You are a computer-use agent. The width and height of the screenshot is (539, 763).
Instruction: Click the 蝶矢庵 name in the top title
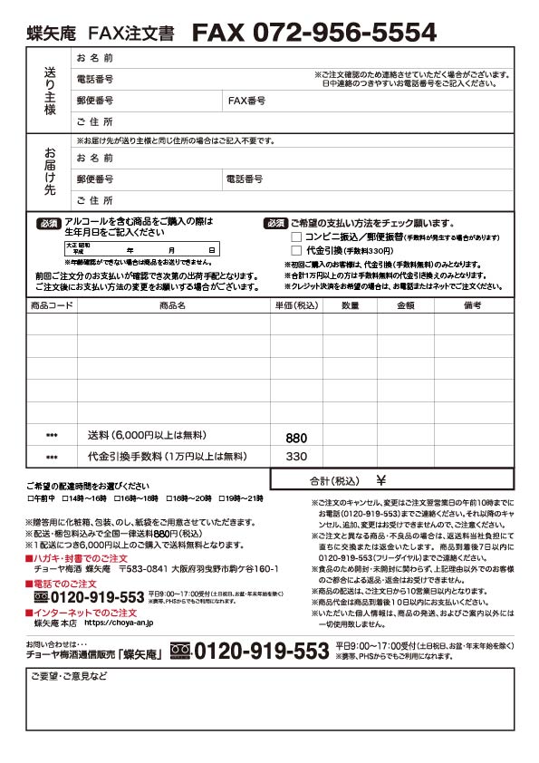coord(52,34)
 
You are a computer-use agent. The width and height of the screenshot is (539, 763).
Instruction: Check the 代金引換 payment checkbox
coord(296,250)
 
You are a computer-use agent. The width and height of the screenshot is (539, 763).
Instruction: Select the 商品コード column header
coord(52,306)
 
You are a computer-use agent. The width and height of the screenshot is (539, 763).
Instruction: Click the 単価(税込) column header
coord(296,306)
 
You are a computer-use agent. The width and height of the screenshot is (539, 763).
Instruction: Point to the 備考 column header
coord(473,306)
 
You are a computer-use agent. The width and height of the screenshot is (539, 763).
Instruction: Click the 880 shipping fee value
coord(296,438)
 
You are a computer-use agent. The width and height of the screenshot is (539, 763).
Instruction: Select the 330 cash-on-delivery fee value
coord(296,456)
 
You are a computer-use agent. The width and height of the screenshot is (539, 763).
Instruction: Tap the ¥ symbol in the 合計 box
coord(380,480)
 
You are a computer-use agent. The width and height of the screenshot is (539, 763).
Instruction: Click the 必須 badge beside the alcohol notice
coord(48,223)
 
